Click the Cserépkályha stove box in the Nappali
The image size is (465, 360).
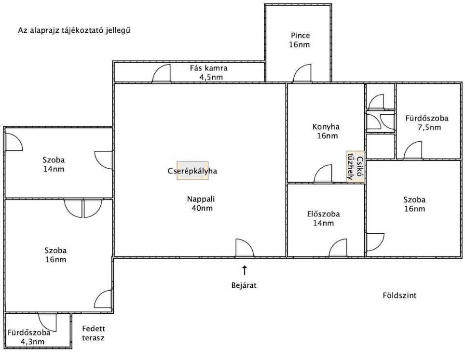193,171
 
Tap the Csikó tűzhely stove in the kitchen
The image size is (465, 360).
356,166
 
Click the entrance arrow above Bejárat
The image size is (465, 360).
245,270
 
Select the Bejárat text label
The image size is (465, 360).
244,285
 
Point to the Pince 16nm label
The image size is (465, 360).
300,40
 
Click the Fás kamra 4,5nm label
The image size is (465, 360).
209,73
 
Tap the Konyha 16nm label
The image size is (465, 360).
326,131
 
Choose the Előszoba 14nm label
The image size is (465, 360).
324,218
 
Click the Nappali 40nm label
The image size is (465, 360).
201,203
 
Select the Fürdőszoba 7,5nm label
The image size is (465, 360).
427,123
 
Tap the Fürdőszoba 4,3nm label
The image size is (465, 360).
29,337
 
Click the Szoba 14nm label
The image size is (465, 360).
54,164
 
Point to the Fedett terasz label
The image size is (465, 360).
94,333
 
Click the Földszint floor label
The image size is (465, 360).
399,295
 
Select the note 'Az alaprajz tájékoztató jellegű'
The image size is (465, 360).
74,30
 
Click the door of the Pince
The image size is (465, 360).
302,73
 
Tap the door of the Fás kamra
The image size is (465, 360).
162,73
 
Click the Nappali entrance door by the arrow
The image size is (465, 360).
245,248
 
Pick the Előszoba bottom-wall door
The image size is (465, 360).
338,248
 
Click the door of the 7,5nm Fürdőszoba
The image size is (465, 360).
413,150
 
